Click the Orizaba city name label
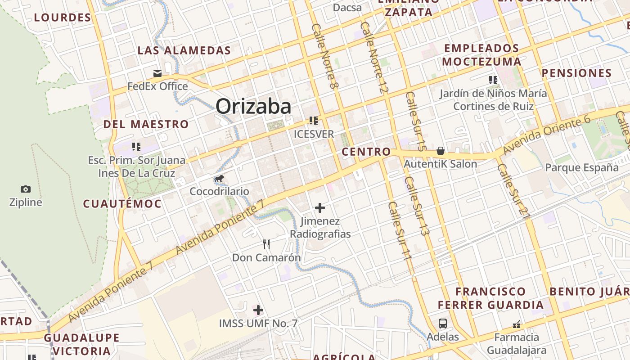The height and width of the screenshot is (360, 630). coord(253,107)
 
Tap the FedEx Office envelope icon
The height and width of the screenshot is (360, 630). coord(157,73)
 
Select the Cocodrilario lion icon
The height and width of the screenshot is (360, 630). coord(219,179)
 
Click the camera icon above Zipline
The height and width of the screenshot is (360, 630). coord(26,189)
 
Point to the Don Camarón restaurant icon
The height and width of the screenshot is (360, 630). coord(266,244)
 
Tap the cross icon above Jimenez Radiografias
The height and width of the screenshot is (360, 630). coord(320,208)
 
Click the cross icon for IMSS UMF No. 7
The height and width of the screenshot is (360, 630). coord(258,310)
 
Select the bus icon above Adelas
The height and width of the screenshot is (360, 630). coord(443,323)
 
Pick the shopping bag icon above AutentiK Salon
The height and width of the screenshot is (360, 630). coord(441,151)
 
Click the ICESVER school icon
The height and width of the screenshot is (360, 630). coord(314,121)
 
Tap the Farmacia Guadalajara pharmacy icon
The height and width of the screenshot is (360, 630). coord(517,324)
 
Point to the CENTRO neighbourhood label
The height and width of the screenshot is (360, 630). coord(366,152)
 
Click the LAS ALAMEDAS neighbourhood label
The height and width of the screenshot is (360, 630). coord(184,50)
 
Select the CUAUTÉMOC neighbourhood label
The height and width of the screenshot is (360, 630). coord(122,204)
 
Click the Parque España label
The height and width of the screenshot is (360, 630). coord(582,168)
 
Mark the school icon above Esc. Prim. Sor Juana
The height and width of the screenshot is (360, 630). coord(136,147)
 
